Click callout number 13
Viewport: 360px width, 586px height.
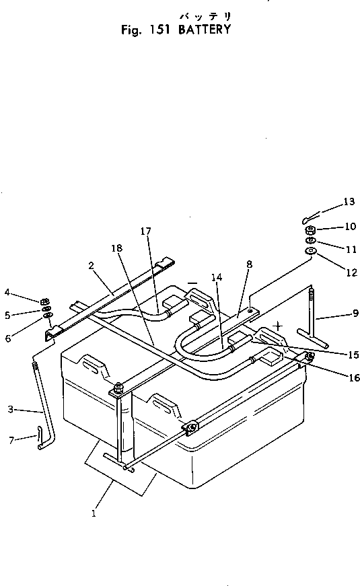point(349,201)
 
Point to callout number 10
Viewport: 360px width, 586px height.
point(350,227)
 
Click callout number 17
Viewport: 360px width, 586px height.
point(145,231)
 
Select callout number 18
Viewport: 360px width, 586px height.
point(116,248)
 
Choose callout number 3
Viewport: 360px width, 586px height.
point(10,408)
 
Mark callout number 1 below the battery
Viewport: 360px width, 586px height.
point(94,514)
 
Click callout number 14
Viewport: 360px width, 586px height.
point(215,276)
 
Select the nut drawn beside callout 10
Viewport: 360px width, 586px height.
point(310,229)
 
